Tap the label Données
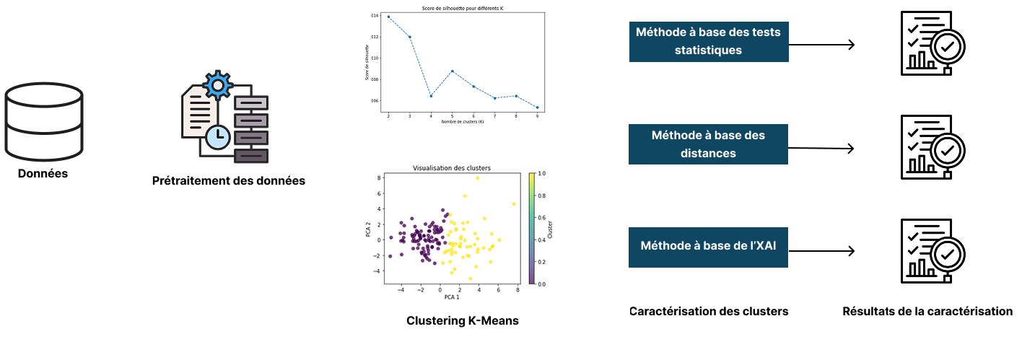pos(43,173)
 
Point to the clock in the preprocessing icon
pos(215,135)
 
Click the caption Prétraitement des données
pos(229,180)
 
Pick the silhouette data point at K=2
pos(388,17)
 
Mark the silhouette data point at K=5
pos(452,71)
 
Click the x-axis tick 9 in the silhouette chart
pos(537,115)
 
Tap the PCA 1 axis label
pos(451,297)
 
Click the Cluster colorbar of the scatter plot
pos(533,229)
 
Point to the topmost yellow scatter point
pos(477,177)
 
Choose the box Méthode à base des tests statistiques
pos(708,41)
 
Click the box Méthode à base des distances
pos(708,144)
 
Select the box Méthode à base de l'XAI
pos(708,246)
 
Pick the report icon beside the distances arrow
pos(928,148)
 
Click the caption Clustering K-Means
pos(462,320)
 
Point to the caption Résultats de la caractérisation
pos(927,312)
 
